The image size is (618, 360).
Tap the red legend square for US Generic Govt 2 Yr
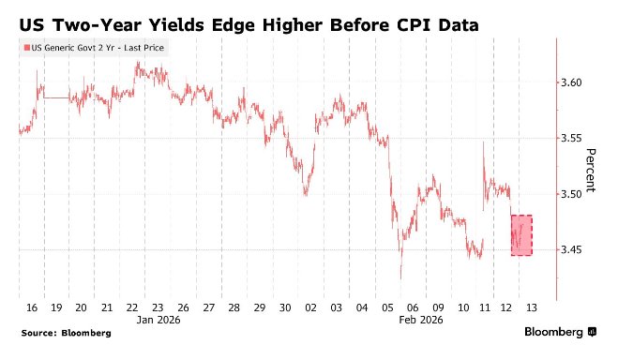point(27,48)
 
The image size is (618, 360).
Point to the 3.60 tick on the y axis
point(571,82)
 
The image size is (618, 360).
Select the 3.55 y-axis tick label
point(571,138)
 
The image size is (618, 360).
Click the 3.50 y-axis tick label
point(571,194)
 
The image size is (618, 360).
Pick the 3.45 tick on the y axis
point(571,249)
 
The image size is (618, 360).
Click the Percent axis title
point(590,170)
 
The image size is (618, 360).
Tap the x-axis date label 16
point(32,307)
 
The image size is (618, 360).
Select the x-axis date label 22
point(132,307)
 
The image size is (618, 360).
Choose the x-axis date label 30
point(285,307)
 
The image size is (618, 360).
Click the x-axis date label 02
point(310,307)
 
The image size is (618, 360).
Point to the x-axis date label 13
point(532,307)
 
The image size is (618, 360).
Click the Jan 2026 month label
point(158,320)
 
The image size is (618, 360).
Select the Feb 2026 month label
point(421,320)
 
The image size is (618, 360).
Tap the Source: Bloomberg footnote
point(67,333)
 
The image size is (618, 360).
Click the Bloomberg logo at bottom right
point(560,332)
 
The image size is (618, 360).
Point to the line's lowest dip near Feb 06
point(400,278)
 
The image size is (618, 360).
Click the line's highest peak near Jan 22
point(138,62)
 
